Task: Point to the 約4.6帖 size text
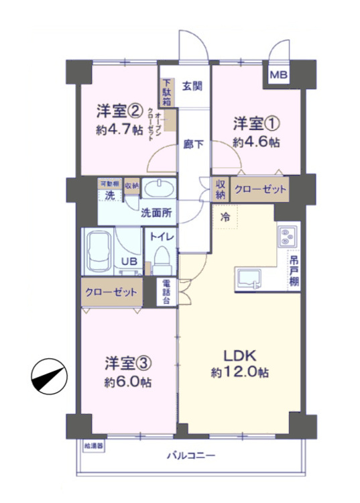(255, 142)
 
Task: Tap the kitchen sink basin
(249, 277)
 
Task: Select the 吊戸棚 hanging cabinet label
(294, 270)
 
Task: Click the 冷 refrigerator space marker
(225, 216)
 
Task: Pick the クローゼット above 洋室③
(111, 292)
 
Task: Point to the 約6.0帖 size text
(127, 382)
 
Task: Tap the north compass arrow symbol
(48, 376)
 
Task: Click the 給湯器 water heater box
(94, 445)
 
